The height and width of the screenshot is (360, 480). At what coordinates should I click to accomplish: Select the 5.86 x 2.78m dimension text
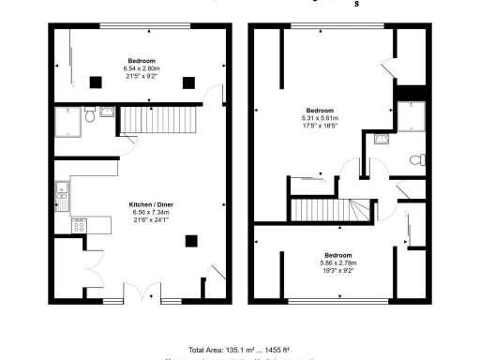[x=337, y=263]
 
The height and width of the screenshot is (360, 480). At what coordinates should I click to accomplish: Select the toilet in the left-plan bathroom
[x=87, y=116]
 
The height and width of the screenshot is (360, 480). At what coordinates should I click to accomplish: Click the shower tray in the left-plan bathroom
[x=67, y=120]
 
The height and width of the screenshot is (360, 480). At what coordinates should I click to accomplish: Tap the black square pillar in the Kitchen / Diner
[x=192, y=240]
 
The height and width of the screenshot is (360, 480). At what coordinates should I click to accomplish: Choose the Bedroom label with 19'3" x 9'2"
[x=337, y=256]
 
